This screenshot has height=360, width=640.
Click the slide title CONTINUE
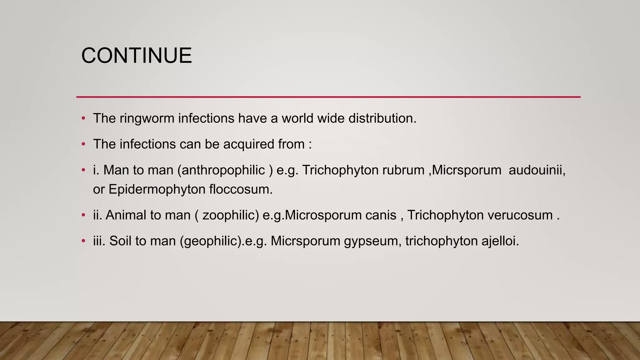point(137,56)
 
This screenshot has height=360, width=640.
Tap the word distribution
point(382,118)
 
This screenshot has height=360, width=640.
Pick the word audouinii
point(537,170)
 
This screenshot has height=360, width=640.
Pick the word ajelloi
point(500,241)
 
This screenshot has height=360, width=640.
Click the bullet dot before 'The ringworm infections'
point(83,118)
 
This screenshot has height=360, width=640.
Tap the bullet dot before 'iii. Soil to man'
point(83,241)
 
